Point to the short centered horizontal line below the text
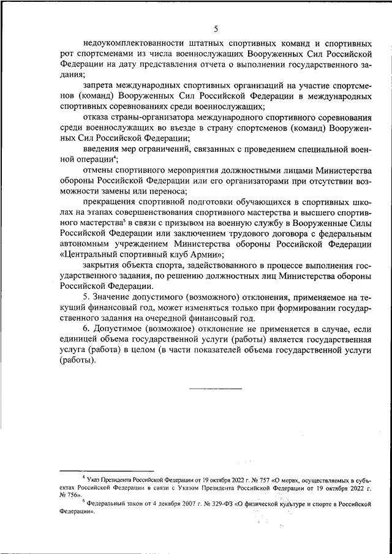pos(215,388)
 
